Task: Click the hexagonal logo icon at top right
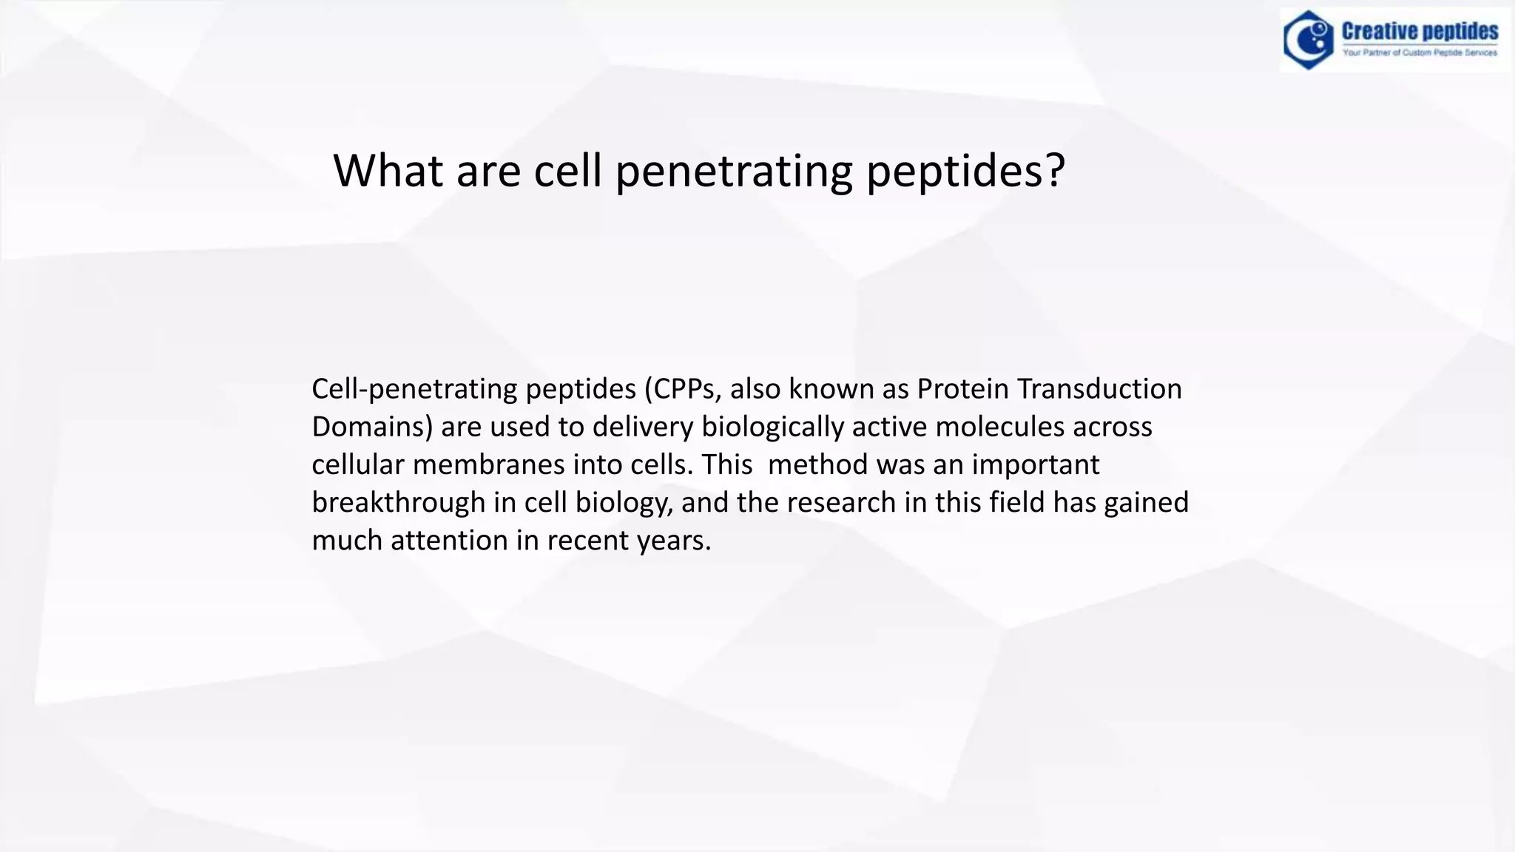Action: (x=1309, y=40)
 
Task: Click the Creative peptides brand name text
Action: (x=1420, y=31)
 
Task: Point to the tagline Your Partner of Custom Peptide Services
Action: (x=1420, y=53)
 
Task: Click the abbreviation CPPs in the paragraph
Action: (x=684, y=389)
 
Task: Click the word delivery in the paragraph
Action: (x=643, y=427)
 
